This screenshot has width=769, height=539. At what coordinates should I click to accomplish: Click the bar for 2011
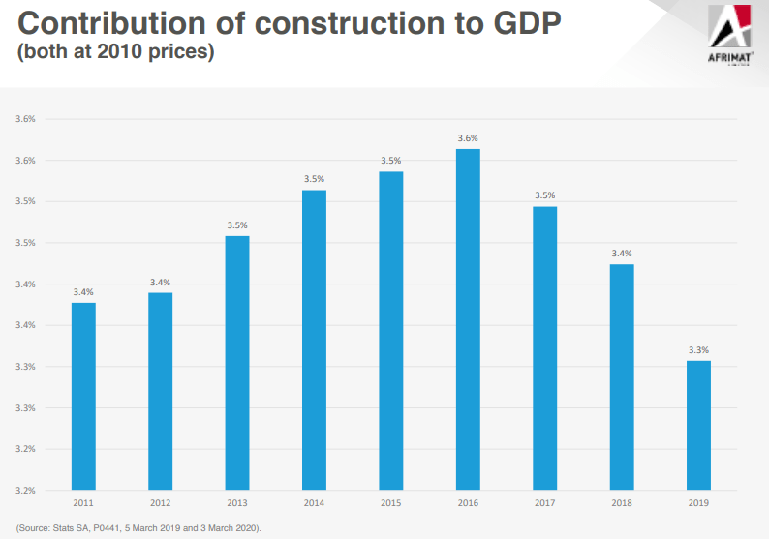coord(83,396)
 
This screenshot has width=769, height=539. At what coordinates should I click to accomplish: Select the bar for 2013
coord(237,363)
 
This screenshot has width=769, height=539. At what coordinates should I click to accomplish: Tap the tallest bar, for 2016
coord(468,319)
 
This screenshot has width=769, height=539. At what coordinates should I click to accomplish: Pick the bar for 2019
coord(698,425)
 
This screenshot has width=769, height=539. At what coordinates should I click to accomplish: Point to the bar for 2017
coord(545,348)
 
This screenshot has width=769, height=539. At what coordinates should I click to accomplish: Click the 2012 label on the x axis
coord(160,504)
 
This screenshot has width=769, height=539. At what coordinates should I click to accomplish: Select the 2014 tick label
coord(314,504)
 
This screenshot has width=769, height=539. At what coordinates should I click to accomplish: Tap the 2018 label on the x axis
coord(622,504)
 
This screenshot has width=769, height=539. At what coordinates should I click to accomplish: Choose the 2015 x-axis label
coord(391,504)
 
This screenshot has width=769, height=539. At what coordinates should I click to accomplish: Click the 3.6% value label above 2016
coord(468,138)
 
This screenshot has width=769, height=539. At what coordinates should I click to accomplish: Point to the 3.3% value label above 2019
coord(698,350)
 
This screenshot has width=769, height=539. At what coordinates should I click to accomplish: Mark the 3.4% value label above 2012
coord(160,283)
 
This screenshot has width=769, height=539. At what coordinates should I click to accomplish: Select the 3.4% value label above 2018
coord(622,254)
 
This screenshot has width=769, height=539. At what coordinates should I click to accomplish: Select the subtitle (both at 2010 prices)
coord(114,51)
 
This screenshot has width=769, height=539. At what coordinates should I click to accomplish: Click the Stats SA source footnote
coord(138,527)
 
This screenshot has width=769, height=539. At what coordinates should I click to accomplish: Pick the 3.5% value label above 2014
coord(314,179)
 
